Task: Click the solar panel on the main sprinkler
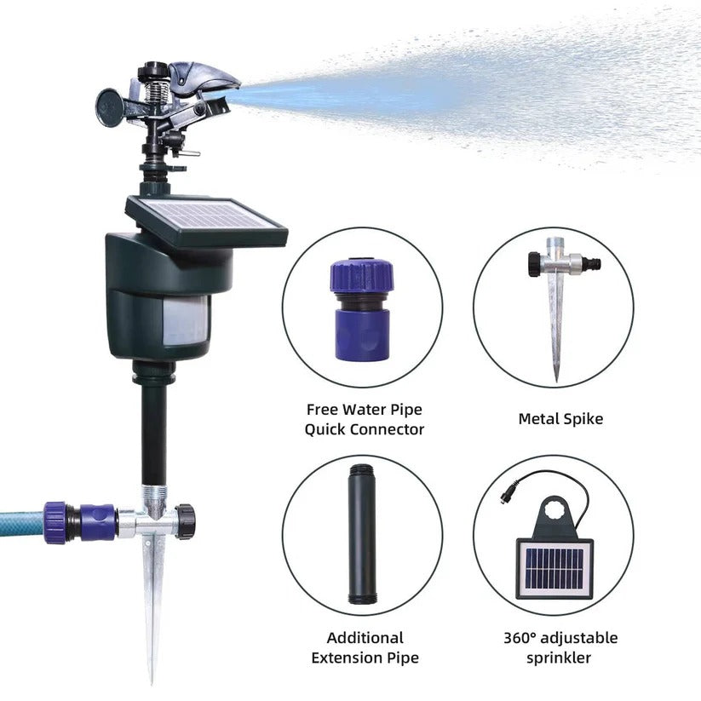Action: click(x=206, y=220)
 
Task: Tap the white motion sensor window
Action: click(x=186, y=321)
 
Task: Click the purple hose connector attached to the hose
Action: click(x=79, y=522)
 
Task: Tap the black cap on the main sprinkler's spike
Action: click(x=185, y=520)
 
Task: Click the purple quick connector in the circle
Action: click(x=362, y=311)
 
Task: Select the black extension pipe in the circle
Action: click(x=362, y=534)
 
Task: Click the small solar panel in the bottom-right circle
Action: click(x=554, y=569)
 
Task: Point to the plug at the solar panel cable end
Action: click(x=508, y=495)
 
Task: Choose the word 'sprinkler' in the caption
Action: click(x=559, y=658)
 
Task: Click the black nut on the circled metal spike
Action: click(x=534, y=265)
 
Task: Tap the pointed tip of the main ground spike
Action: click(x=152, y=683)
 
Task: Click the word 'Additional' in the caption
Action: click(x=365, y=637)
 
